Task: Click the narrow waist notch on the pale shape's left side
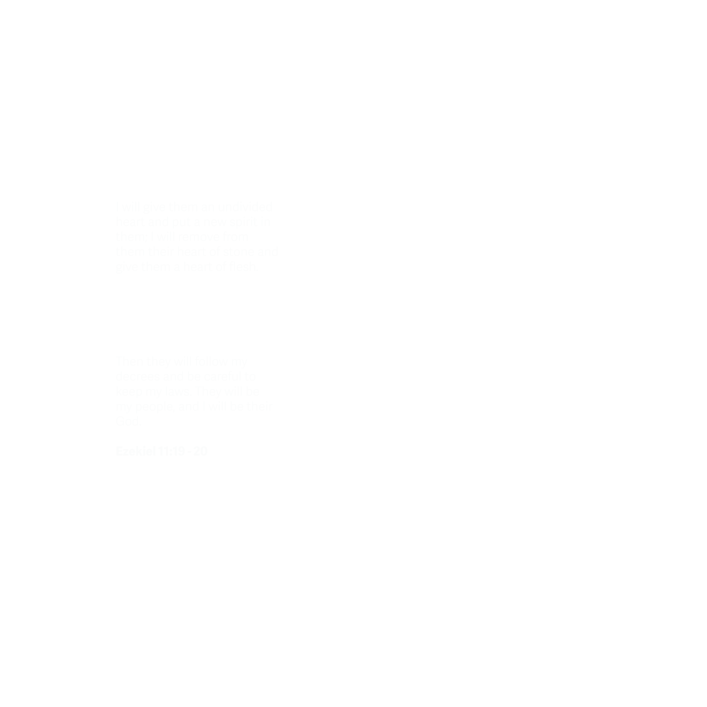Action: (114, 311)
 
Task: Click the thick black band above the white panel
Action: (353, 29)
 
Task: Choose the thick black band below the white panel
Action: (353, 682)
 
